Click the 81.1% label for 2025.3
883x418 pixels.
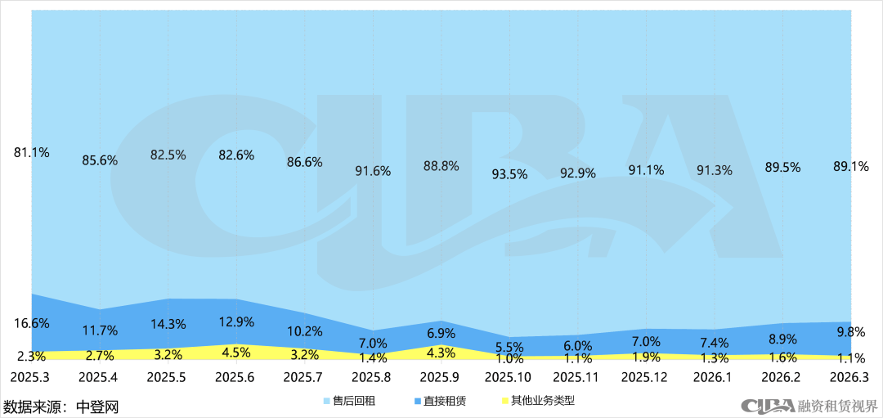(x=32, y=151)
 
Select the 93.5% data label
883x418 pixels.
(x=508, y=173)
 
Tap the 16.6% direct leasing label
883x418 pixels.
(x=32, y=324)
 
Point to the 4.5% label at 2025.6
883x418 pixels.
(x=237, y=353)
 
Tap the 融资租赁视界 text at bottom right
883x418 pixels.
(x=837, y=406)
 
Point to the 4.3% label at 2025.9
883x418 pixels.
(x=441, y=353)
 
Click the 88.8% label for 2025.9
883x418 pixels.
(x=441, y=165)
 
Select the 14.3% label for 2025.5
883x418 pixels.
(x=168, y=324)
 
